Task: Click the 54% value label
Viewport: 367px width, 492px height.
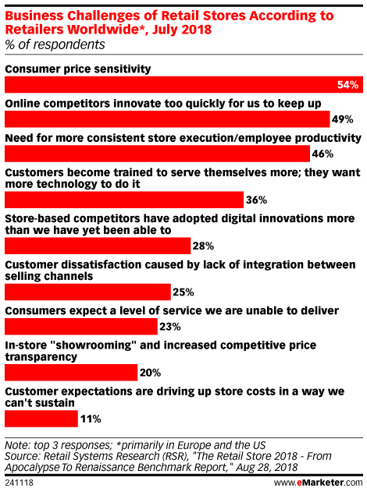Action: point(347,84)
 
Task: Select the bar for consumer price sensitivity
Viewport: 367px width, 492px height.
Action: point(172,84)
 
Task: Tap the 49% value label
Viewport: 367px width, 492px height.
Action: point(344,119)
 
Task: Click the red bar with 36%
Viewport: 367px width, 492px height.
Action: point(124,199)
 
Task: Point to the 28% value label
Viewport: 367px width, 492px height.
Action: point(204,246)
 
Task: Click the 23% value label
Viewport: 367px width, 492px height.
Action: point(170,326)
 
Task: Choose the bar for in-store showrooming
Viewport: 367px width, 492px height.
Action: point(71,373)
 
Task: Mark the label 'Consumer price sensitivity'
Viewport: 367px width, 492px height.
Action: point(78,69)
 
